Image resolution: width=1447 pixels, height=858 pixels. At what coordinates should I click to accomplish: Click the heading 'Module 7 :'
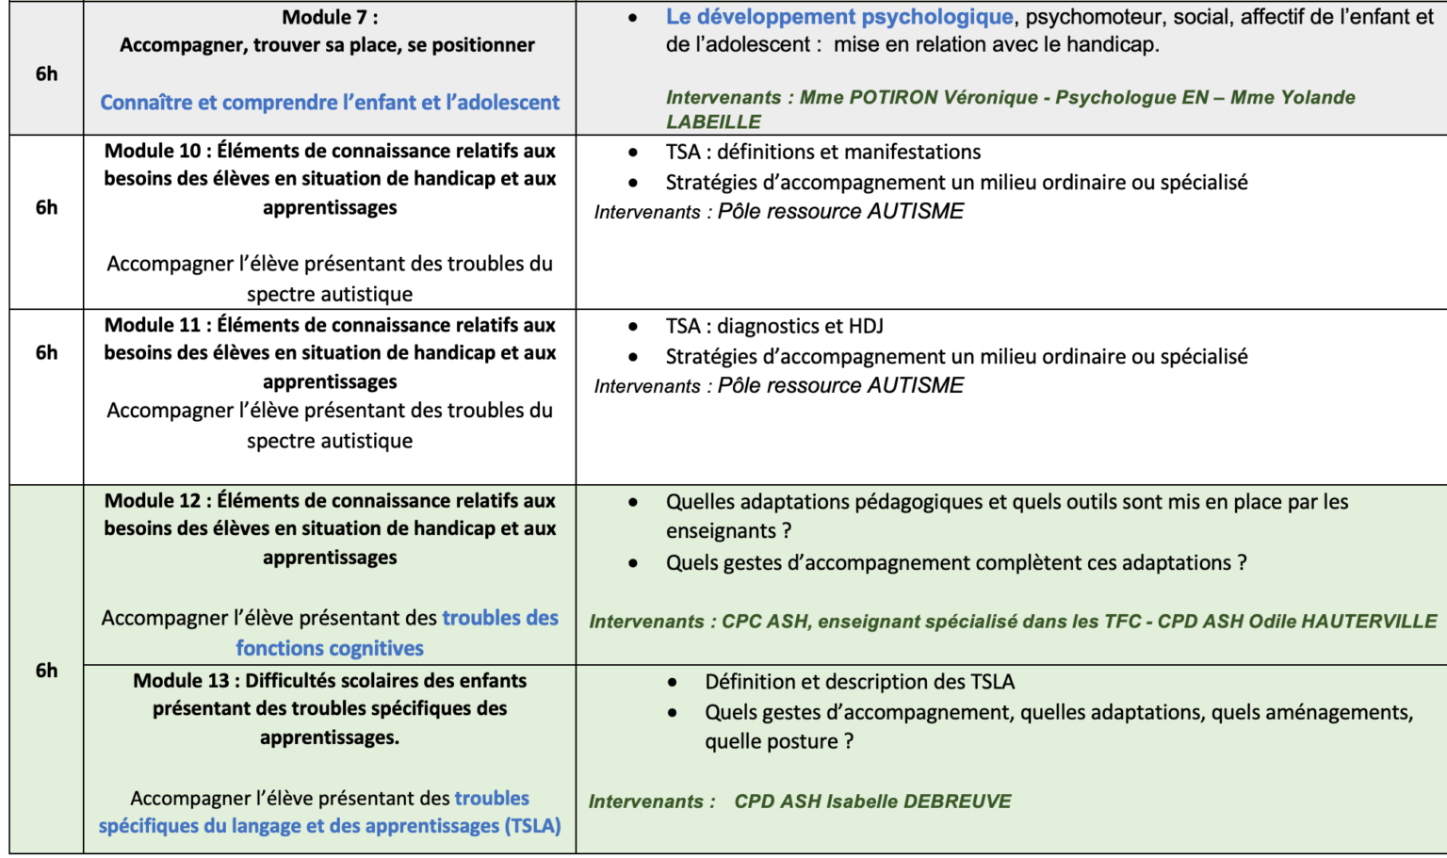[x=330, y=17]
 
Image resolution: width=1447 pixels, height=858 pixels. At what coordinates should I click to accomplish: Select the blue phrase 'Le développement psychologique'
[x=838, y=17]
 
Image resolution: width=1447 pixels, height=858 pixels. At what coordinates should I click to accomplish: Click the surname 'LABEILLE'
[x=713, y=121]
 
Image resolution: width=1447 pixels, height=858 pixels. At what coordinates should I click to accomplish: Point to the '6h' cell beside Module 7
[x=46, y=73]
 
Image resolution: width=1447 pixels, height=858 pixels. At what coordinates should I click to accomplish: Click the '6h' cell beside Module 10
[x=46, y=207]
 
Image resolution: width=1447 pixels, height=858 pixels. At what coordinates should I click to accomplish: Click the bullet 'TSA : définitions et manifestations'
[x=822, y=152]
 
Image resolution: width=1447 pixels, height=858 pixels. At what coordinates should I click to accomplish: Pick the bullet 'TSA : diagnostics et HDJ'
[x=773, y=326]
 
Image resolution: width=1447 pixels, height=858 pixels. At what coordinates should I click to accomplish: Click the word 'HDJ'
[x=866, y=326]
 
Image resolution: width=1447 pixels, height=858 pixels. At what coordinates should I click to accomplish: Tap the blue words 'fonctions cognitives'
[x=330, y=648]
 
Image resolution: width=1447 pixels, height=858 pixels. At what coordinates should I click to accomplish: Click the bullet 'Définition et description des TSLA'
[x=859, y=682]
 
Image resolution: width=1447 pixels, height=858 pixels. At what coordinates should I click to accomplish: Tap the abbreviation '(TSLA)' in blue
[x=532, y=826]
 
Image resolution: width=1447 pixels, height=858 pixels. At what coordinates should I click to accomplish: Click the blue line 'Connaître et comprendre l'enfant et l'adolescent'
[x=330, y=102]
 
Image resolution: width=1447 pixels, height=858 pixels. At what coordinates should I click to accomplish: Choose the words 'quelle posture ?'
[x=779, y=741]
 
